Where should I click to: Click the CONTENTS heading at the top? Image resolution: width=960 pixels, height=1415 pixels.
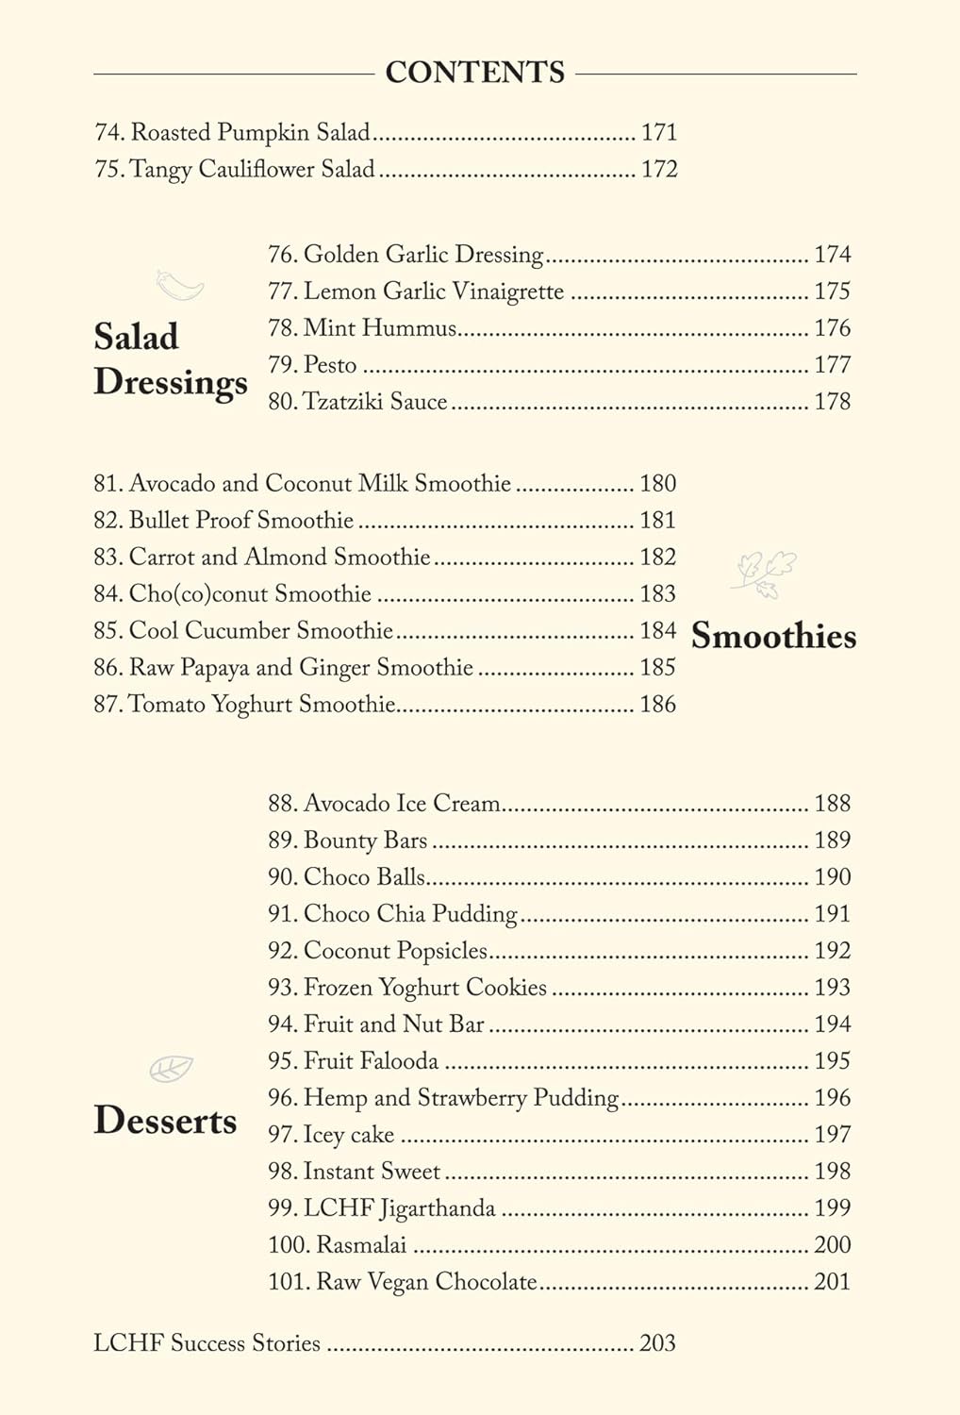click(474, 73)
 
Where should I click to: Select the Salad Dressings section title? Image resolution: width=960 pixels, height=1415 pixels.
click(170, 359)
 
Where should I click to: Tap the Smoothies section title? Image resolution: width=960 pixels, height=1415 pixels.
click(773, 636)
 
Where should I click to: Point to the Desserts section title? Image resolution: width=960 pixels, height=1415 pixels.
click(165, 1120)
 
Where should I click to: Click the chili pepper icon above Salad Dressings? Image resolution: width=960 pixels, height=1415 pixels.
click(179, 284)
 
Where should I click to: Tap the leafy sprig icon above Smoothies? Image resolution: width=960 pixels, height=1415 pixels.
click(765, 574)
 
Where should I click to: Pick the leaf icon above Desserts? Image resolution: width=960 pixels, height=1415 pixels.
click(171, 1069)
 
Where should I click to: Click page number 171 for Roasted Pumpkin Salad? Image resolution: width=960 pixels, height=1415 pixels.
click(659, 132)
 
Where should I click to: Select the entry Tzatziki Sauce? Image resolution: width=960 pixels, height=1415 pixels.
click(357, 402)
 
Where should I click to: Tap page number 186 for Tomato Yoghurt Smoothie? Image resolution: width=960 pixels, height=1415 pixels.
click(657, 704)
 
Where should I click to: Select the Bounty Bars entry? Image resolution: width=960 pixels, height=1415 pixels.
click(348, 841)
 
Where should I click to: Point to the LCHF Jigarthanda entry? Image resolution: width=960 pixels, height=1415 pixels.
click(382, 1208)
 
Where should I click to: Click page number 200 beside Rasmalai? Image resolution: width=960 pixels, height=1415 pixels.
click(832, 1245)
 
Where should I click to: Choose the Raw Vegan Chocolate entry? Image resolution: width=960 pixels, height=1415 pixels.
click(403, 1282)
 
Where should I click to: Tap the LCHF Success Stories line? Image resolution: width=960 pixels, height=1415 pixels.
click(207, 1343)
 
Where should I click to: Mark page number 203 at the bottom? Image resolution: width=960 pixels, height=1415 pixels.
click(657, 1343)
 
